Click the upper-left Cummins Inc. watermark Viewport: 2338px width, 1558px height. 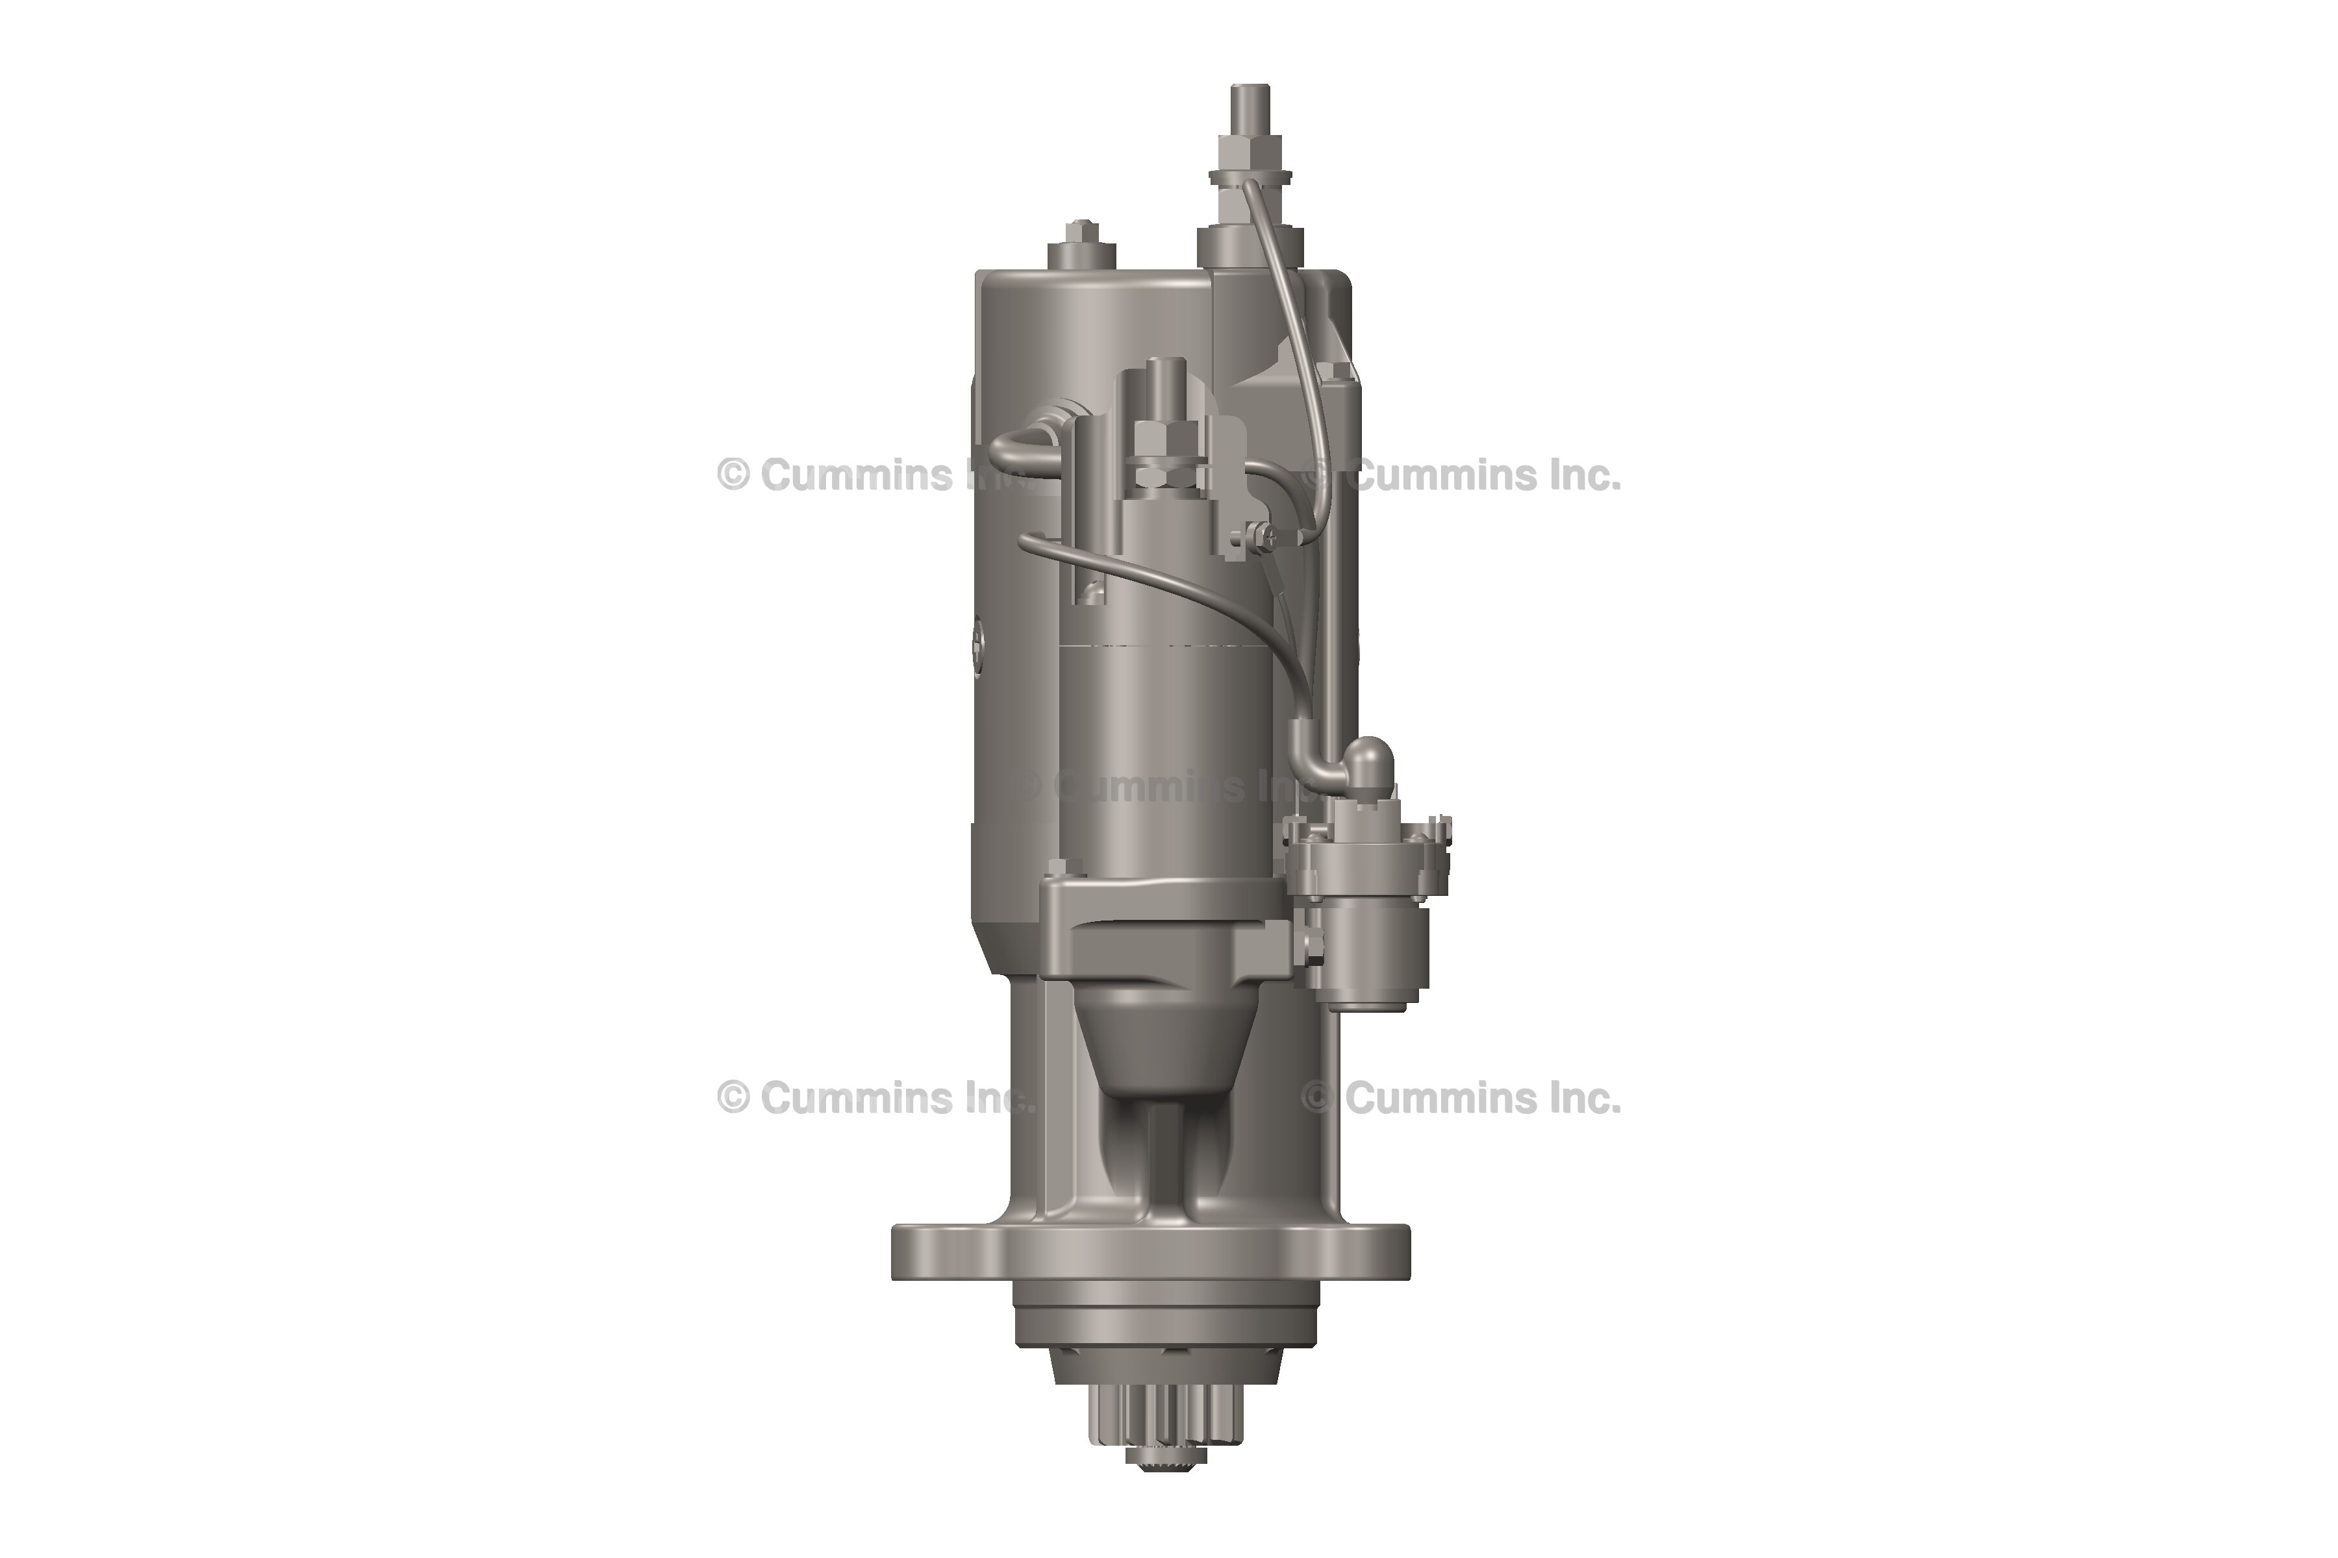pyautogui.click(x=875, y=475)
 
